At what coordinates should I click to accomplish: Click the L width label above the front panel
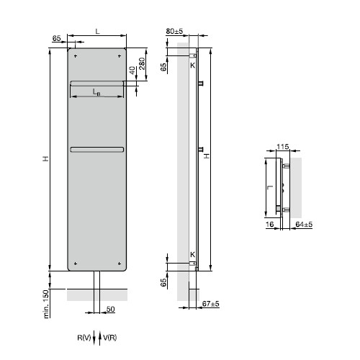point(96,30)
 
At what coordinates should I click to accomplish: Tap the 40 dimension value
point(132,71)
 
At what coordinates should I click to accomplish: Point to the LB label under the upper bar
point(96,91)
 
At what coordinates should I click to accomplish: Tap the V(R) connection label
point(110,337)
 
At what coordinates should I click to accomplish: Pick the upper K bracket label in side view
point(192,66)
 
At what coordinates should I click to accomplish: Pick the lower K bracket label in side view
point(192,254)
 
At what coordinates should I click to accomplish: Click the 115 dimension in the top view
point(282,148)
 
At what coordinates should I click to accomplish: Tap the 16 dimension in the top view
point(269,225)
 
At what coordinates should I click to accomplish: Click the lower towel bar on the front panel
point(97,149)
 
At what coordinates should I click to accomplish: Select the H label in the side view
point(207,156)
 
